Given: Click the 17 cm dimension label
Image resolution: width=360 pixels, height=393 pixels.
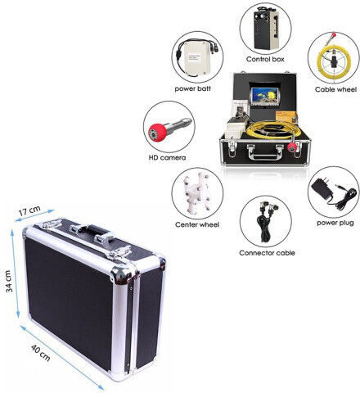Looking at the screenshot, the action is click(x=29, y=211).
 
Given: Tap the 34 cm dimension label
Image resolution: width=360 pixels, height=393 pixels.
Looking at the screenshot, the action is click(x=9, y=281).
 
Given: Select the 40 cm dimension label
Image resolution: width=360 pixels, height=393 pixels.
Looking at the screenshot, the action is click(x=40, y=353).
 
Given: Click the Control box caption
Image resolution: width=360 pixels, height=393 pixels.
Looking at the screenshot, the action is click(x=265, y=59).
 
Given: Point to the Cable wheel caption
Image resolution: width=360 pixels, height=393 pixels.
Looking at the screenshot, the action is click(x=335, y=89).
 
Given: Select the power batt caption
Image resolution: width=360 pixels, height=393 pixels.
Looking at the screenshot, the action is click(x=192, y=88).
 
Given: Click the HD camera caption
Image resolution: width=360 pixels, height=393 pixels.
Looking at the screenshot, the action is click(x=167, y=157).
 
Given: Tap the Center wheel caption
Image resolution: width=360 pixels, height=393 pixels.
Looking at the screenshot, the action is click(x=197, y=224).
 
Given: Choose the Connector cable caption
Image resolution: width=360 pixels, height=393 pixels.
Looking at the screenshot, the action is click(x=267, y=253).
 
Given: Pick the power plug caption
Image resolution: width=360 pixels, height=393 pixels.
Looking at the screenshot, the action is click(x=335, y=223).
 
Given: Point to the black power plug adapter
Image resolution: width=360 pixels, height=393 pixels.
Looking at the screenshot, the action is click(x=322, y=188).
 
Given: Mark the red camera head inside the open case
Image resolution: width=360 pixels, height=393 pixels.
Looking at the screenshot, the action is click(x=292, y=147).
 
